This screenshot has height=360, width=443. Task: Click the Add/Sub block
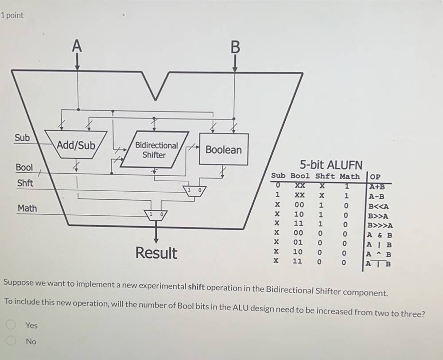click(76, 145)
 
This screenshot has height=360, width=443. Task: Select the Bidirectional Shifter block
click(156, 150)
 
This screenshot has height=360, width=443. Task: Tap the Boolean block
click(223, 150)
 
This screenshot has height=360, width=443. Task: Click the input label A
click(77, 46)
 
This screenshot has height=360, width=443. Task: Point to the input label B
click(235, 47)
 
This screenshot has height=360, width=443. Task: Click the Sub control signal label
click(22, 138)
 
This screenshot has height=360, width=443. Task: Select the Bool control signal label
click(24, 167)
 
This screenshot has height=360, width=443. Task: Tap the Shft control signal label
click(25, 183)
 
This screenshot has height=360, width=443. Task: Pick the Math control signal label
click(27, 208)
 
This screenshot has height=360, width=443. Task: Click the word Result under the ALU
click(156, 253)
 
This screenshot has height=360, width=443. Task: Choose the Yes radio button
click(11, 325)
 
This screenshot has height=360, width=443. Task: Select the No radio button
click(11, 341)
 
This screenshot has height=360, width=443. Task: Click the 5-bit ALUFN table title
click(331, 165)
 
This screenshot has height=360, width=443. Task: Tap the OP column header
click(375, 176)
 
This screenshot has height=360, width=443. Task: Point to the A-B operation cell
click(377, 197)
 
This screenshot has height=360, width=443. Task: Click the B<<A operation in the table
click(378, 206)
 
